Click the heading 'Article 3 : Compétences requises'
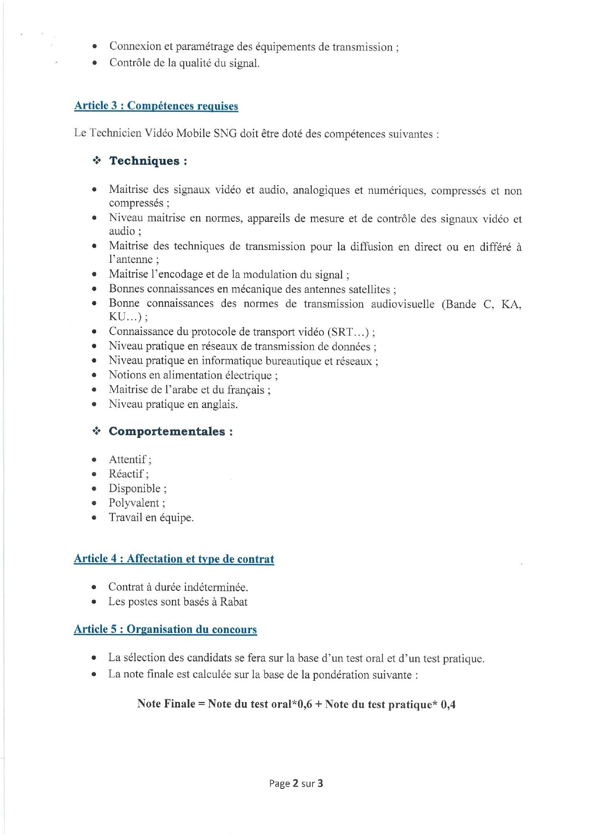[156, 106]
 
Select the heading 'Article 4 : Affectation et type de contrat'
[174, 559]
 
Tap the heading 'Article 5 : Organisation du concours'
[165, 629]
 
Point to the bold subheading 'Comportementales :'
[170, 431]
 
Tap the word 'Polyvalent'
[134, 503]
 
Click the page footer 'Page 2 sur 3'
[296, 783]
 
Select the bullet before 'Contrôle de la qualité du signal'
[95, 63]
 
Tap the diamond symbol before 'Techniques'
[97, 161]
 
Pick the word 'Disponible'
[134, 488]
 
